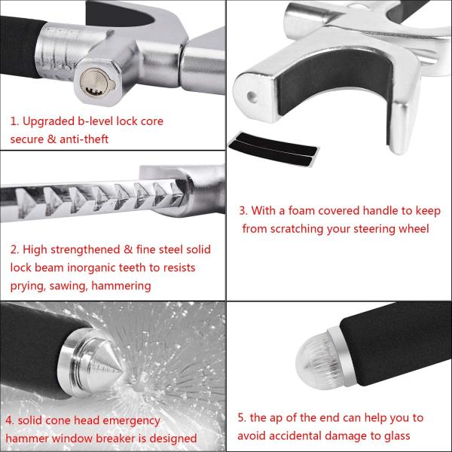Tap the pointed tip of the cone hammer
[x=124, y=371]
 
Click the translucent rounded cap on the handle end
[x=316, y=359]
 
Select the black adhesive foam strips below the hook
[x=273, y=148]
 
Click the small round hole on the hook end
[x=252, y=97]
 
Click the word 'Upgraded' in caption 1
[x=48, y=122]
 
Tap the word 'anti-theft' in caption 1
[x=84, y=139]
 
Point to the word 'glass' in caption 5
[x=397, y=437]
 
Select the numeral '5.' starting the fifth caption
[x=242, y=418]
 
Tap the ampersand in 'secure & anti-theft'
[x=51, y=139]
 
